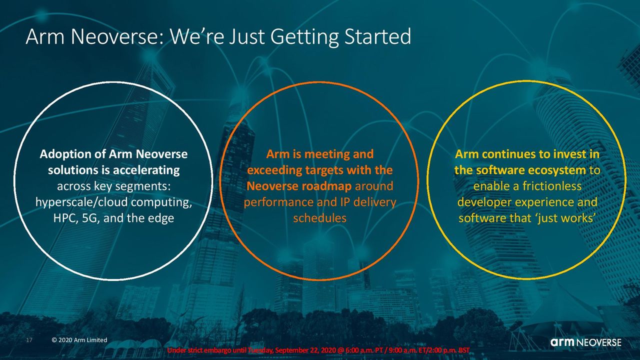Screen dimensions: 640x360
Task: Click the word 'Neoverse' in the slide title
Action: click(117, 36)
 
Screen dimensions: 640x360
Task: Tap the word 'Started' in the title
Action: click(377, 36)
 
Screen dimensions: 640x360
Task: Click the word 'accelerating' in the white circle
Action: click(146, 170)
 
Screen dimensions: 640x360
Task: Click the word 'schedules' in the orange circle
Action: click(319, 218)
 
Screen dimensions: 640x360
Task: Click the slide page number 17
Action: click(29, 340)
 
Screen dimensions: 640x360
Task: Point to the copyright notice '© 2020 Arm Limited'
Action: click(79, 340)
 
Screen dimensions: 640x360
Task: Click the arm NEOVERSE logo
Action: click(585, 342)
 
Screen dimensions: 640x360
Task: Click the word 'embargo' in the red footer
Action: click(220, 350)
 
